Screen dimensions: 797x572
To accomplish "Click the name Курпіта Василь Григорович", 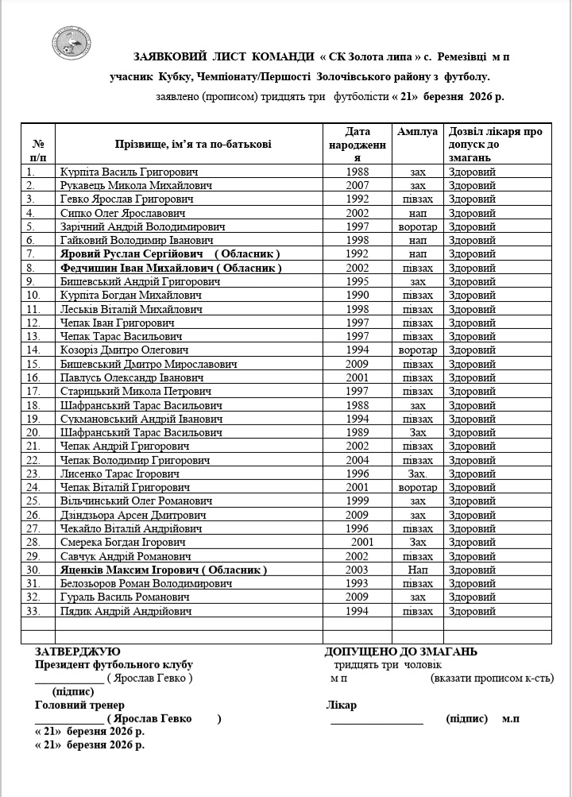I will [x=129, y=171].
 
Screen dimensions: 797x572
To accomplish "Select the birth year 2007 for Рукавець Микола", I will [x=358, y=184].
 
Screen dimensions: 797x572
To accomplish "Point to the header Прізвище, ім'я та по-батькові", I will [x=188, y=144].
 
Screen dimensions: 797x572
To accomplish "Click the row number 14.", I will [x=33, y=350].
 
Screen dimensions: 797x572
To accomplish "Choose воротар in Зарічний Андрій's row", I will [x=418, y=226].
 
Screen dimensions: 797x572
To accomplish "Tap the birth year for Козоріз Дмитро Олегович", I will [x=358, y=350].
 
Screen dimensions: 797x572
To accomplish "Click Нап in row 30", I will [x=418, y=570].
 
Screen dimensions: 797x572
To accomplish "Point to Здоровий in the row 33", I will [x=472, y=611].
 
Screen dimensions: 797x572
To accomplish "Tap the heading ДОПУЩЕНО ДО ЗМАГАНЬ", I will [x=400, y=652].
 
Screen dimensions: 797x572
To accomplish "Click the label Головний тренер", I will [x=79, y=705].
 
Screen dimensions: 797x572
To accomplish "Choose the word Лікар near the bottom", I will [x=341, y=705].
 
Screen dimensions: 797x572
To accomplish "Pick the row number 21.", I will [x=33, y=446].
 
